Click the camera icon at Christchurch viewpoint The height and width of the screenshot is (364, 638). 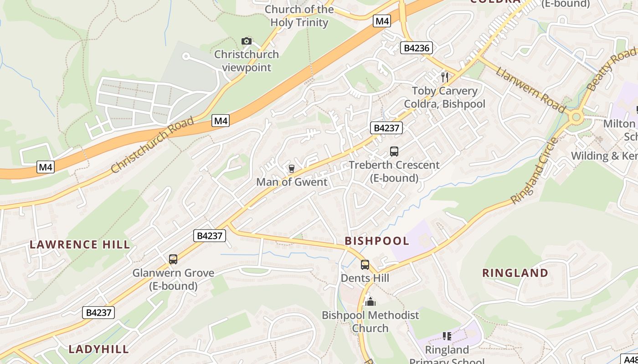(247, 41)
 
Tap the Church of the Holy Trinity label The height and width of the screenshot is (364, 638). (299, 16)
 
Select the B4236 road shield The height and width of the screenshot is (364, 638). (416, 48)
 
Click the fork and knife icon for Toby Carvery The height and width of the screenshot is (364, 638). (445, 77)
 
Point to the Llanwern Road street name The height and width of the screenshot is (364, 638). (531, 90)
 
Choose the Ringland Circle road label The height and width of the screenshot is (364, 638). (535, 170)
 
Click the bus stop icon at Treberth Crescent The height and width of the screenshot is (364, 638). (394, 152)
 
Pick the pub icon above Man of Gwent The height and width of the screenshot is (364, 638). (292, 169)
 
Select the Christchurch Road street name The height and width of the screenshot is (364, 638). (152, 145)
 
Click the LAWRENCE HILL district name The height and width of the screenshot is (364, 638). (80, 245)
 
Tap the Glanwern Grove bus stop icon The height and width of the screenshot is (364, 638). (173, 259)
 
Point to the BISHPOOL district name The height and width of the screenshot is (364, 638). (377, 241)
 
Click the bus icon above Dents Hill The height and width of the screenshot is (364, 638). (365, 265)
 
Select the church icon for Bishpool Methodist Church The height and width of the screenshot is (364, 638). (370, 302)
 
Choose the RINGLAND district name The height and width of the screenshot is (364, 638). (515, 273)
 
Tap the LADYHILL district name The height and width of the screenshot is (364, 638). (98, 349)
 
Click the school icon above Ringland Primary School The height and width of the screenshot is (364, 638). (447, 336)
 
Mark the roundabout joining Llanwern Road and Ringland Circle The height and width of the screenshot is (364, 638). (576, 117)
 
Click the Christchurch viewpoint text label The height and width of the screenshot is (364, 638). (247, 61)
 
